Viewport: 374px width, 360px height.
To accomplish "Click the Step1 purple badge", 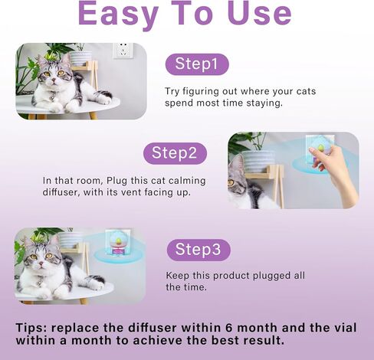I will click(x=196, y=64).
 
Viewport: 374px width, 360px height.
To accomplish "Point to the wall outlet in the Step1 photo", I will click(x=120, y=51).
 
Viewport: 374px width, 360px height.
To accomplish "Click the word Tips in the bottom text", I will click(x=34, y=327).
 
